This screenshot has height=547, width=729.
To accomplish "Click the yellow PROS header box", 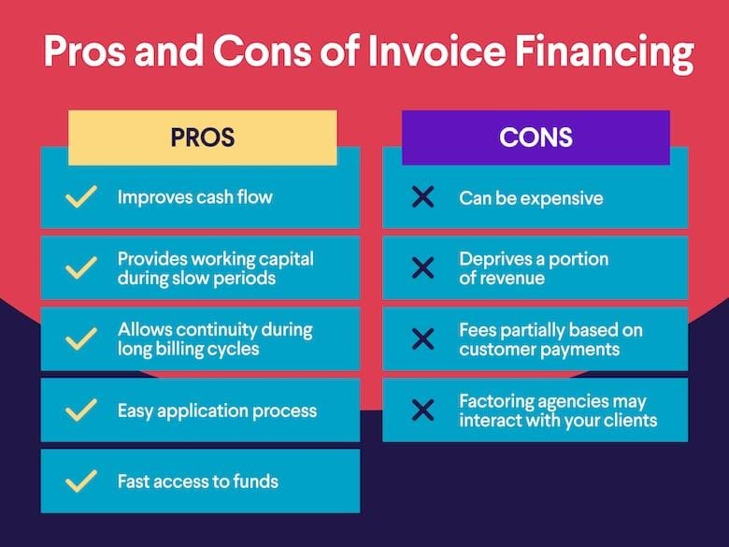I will click(202, 137).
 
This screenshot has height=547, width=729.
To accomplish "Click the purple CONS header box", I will click(536, 137).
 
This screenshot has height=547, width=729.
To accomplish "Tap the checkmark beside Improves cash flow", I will click(82, 197).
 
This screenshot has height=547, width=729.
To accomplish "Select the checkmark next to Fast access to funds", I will click(82, 482).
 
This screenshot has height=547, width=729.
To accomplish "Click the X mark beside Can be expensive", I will click(422, 197).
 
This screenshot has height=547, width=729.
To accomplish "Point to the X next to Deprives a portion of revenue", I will click(422, 268).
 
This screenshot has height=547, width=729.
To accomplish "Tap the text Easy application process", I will click(217, 410).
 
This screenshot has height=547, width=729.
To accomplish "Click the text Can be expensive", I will click(531, 198).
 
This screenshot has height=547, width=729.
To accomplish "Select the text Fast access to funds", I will click(197, 482).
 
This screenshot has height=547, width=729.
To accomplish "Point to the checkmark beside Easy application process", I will click(82, 410).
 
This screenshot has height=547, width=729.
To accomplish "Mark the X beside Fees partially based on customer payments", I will click(422, 338).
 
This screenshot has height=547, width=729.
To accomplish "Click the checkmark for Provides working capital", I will click(82, 268).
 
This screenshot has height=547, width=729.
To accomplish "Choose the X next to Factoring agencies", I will click(422, 410).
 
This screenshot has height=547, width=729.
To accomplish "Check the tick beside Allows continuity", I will click(82, 338).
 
